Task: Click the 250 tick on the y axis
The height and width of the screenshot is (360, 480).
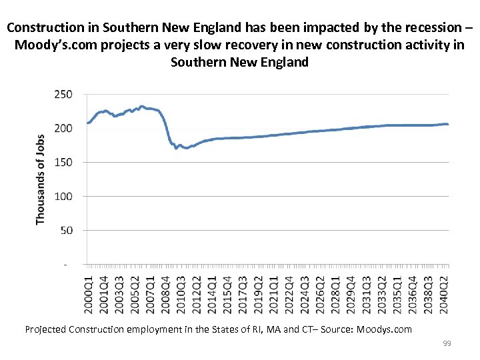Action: click(x=63, y=94)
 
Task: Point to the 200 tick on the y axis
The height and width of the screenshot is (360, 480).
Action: click(x=63, y=128)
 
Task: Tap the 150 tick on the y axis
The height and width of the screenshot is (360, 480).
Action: click(x=63, y=162)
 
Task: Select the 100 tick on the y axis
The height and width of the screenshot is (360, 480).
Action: click(x=63, y=196)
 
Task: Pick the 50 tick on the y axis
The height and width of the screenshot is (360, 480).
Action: click(x=65, y=230)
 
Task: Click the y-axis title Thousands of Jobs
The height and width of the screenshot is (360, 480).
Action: click(x=41, y=179)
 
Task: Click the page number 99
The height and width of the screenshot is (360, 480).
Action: click(x=447, y=343)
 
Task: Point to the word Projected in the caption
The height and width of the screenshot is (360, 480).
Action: click(x=48, y=329)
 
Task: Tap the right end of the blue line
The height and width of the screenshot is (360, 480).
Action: click(x=447, y=124)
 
